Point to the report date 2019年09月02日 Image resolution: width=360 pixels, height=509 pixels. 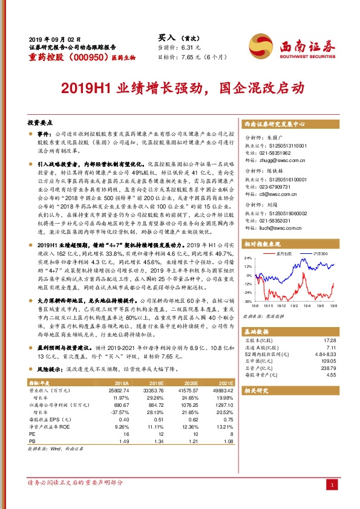[x=54, y=37]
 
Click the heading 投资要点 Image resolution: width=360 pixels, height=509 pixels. [x=40, y=122]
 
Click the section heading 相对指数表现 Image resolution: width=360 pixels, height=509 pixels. [x=261, y=244]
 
